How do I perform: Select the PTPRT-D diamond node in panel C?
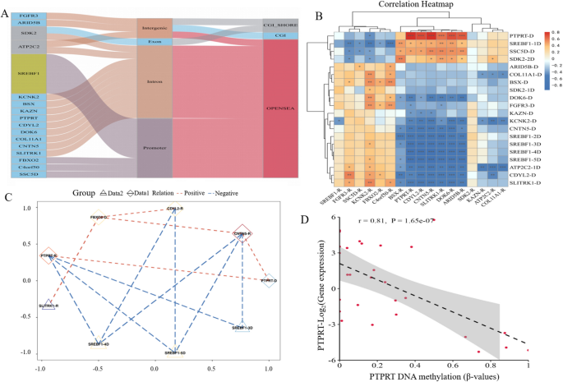pyautogui.click(x=269, y=281)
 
